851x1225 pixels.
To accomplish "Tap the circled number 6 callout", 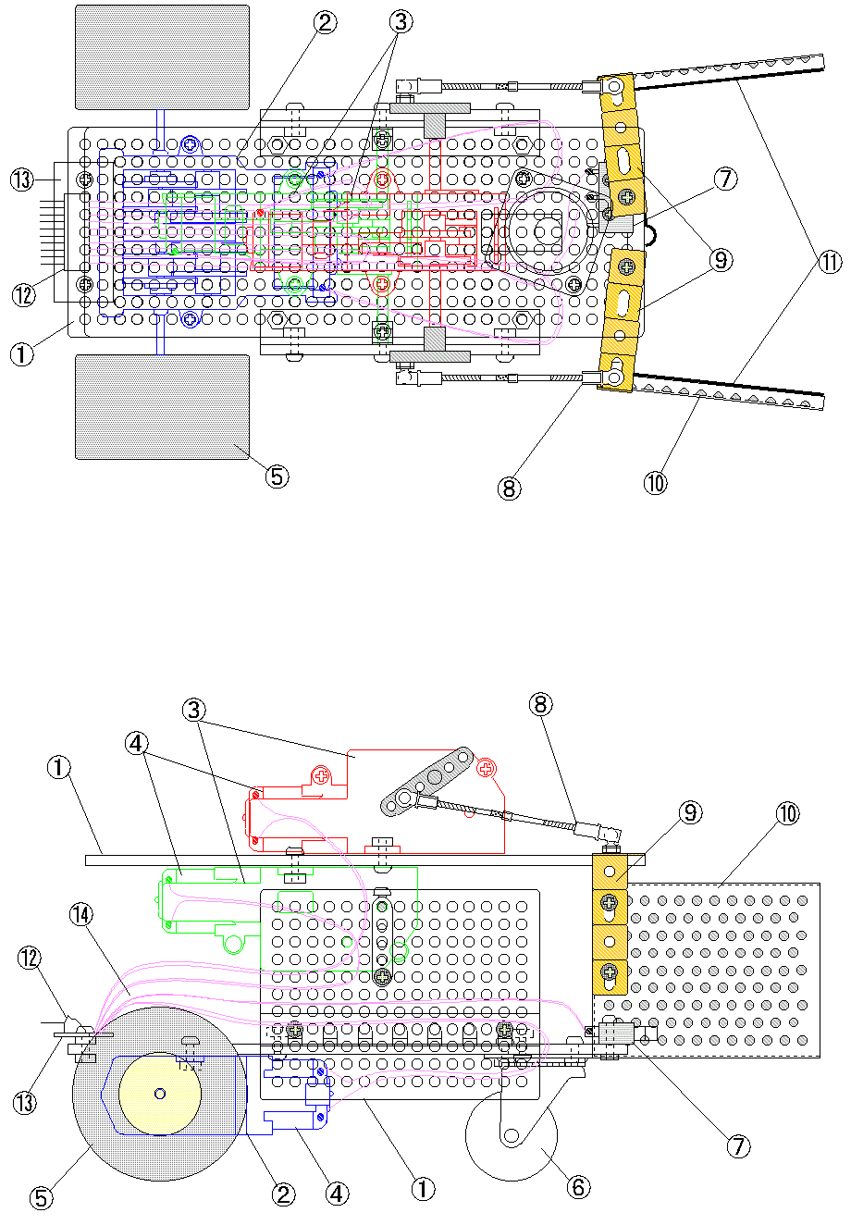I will (578, 1186).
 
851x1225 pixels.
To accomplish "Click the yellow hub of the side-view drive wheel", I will (160, 1094).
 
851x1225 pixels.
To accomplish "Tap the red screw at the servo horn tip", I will (486, 767).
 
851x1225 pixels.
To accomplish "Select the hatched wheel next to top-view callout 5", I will (162, 406).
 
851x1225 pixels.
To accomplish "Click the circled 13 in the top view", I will (24, 179).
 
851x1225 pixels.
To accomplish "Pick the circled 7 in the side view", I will (737, 1146).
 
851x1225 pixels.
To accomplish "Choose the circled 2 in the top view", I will (325, 24).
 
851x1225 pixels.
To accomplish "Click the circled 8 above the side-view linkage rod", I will (541, 705).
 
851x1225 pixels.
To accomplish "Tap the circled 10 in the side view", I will (786, 814).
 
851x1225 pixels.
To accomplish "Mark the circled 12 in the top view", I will (24, 295).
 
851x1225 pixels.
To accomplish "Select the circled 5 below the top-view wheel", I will (277, 476).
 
